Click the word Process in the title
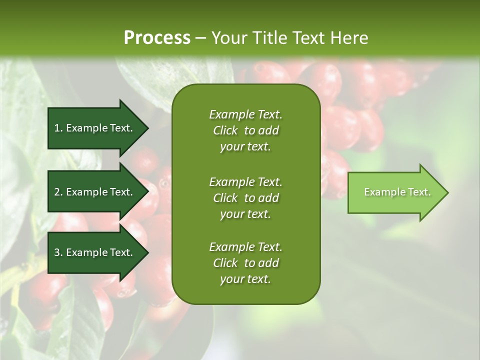pos(157,38)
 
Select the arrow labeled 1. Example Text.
pos(95,128)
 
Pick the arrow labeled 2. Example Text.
pos(95,192)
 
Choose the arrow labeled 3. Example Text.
pos(95,252)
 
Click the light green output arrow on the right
pos(395,192)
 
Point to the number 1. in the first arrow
pos(58,128)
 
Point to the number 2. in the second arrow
pos(58,192)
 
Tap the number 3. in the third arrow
pos(58,252)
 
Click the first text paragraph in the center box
pos(245,130)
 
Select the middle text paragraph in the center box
pos(245,197)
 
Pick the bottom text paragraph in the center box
pos(245,263)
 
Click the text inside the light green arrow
pos(397,192)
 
